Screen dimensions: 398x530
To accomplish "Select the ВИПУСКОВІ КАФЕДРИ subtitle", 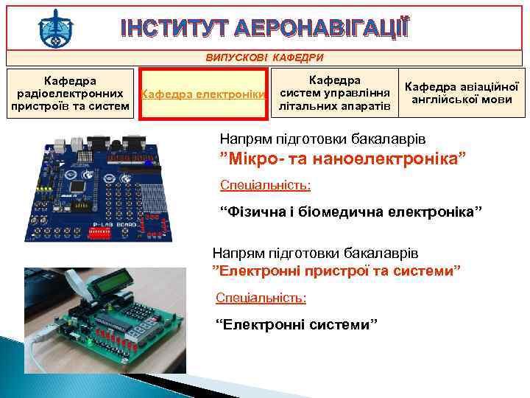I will [264, 57].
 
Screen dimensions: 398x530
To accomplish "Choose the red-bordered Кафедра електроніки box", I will [203, 94].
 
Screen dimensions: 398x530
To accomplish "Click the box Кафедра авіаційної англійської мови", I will [463, 93].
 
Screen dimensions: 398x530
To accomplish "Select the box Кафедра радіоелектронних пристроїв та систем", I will [71, 94].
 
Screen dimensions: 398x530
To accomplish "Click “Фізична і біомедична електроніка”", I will [352, 213].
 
